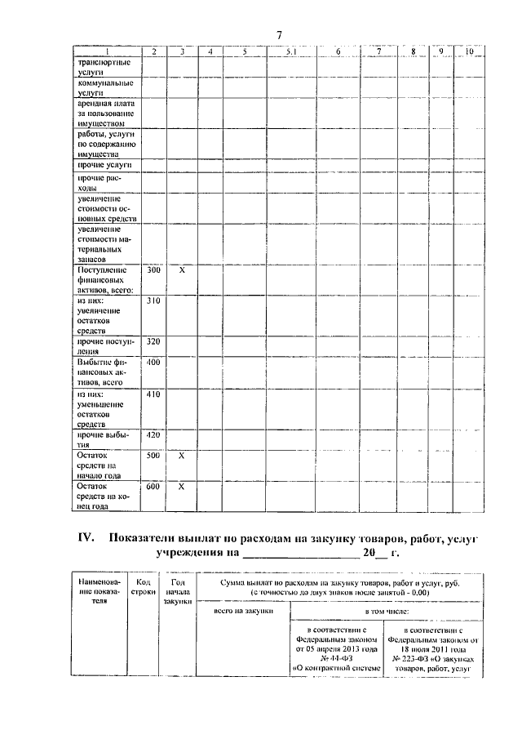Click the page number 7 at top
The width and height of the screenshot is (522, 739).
coord(279,35)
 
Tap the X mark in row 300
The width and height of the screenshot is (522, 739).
coord(183,270)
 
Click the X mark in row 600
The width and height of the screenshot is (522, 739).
coord(183,487)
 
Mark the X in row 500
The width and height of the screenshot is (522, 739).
coord(183,456)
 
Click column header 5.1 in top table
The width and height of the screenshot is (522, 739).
coord(290,52)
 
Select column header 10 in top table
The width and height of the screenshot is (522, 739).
coord(469,52)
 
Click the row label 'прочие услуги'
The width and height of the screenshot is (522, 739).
coord(100,166)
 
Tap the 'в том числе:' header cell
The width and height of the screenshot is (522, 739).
coord(387,611)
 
